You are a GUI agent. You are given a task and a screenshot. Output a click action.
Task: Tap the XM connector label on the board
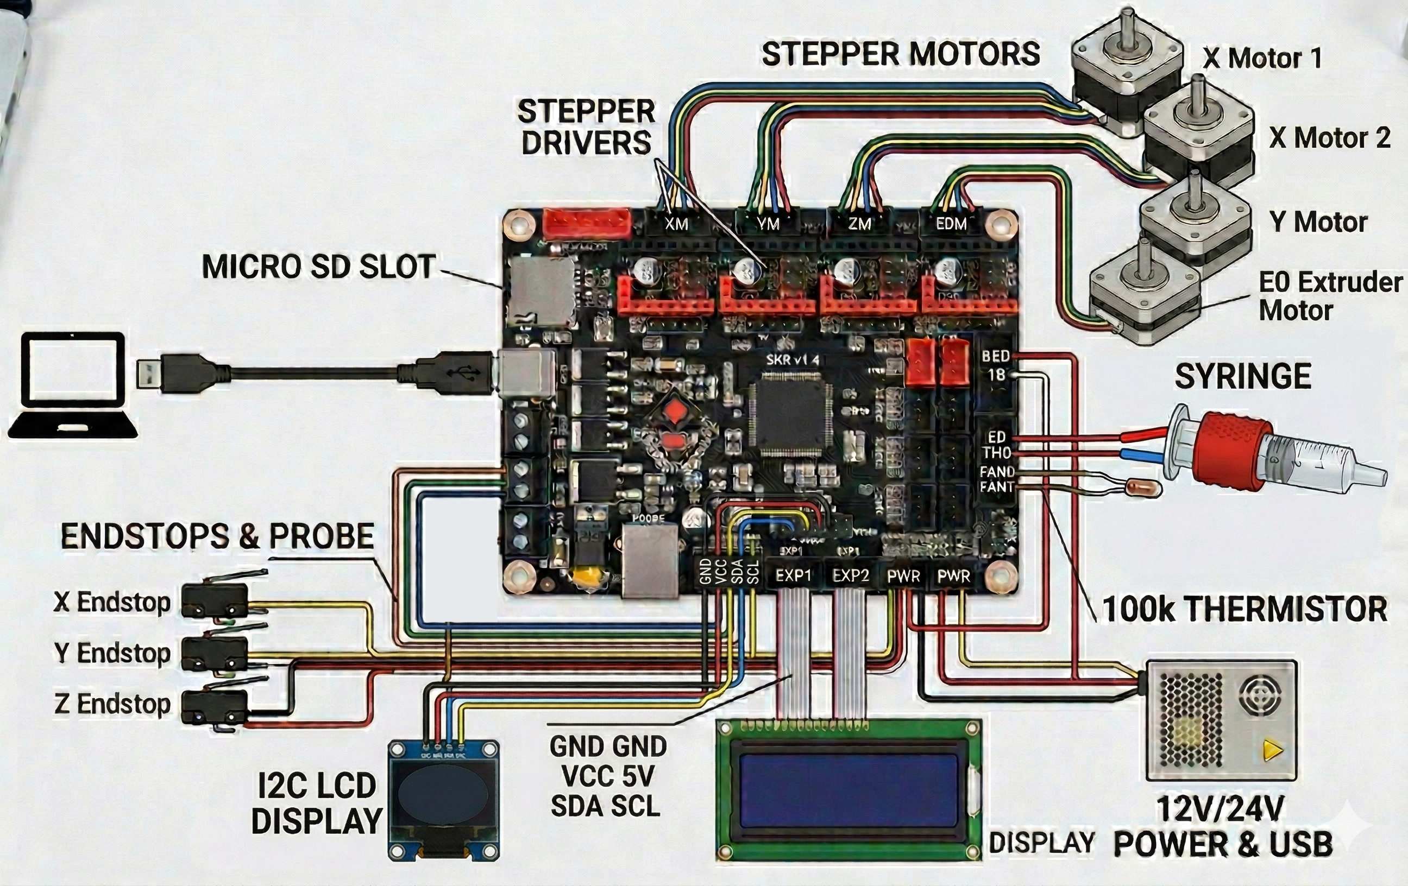pyautogui.click(x=676, y=224)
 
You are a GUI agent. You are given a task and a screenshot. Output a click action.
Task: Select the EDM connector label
pyautogui.click(x=951, y=224)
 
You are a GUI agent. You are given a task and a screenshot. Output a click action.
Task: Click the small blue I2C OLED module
pyautogui.click(x=444, y=800)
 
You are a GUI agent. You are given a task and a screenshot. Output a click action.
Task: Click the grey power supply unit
pyautogui.click(x=1221, y=720)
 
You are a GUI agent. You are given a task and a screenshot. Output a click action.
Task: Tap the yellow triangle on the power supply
pyautogui.click(x=1272, y=750)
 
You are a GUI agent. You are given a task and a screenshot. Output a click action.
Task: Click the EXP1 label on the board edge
pyautogui.click(x=793, y=575)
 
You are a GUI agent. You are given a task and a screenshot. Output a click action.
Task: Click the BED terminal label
pyautogui.click(x=996, y=356)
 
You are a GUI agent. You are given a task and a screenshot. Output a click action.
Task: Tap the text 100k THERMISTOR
pyautogui.click(x=1244, y=609)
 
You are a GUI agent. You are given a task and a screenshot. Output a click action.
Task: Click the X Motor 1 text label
pyautogui.click(x=1262, y=58)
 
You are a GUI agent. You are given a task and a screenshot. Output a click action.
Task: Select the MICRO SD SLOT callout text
pyautogui.click(x=319, y=267)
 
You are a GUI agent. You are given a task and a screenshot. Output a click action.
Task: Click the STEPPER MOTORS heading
pyautogui.click(x=901, y=54)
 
